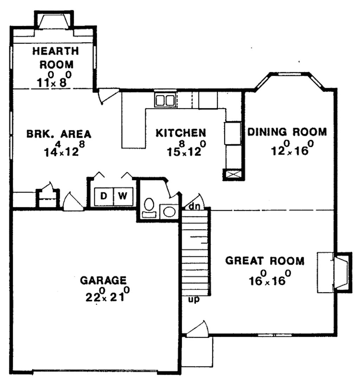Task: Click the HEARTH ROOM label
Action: point(55,58)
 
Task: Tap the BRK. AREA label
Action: point(59,134)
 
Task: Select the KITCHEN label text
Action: point(181,133)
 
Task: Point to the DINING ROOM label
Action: point(287,132)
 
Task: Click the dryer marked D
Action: point(103,196)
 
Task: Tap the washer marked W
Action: point(122,196)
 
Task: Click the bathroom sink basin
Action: point(169,212)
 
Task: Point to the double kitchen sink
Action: point(165,100)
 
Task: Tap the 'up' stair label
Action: point(193,300)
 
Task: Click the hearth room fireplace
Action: point(53,22)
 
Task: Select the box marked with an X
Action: point(232,175)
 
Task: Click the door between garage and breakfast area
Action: point(73,203)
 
